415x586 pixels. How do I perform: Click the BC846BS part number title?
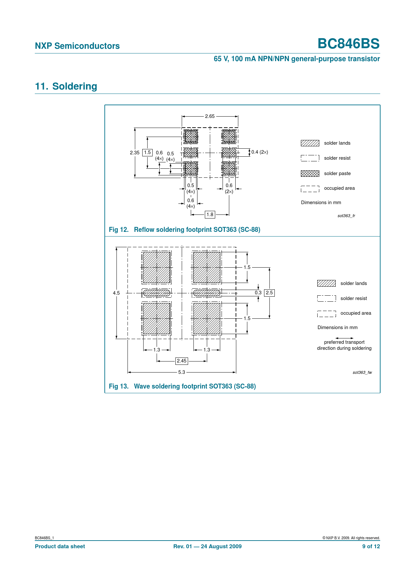point(348,44)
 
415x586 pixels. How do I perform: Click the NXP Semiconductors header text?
point(77,46)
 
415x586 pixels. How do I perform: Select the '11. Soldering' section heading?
point(66,86)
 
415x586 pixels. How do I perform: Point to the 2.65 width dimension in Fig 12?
point(210,116)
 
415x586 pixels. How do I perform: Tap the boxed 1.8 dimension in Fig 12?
point(210,214)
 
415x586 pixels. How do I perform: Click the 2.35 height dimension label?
point(135,152)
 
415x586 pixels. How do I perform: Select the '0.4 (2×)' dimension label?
point(260,152)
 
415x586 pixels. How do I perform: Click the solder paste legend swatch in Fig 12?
point(310,173)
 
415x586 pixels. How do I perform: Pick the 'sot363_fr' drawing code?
point(346,216)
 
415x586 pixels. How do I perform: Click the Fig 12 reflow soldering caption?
point(184,230)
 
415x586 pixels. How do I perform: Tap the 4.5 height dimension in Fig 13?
point(116,293)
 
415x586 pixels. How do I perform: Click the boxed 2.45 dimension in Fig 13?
point(182,361)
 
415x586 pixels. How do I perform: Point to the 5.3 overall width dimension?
point(181,372)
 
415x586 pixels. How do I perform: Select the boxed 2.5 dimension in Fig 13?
point(269,293)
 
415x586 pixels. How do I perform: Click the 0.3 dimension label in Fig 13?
point(258,293)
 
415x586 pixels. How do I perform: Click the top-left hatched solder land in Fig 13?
point(157,268)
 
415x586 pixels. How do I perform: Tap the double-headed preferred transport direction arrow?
point(344,338)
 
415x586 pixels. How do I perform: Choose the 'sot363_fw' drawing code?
point(362,373)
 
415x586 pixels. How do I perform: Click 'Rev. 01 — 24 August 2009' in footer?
point(207,546)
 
